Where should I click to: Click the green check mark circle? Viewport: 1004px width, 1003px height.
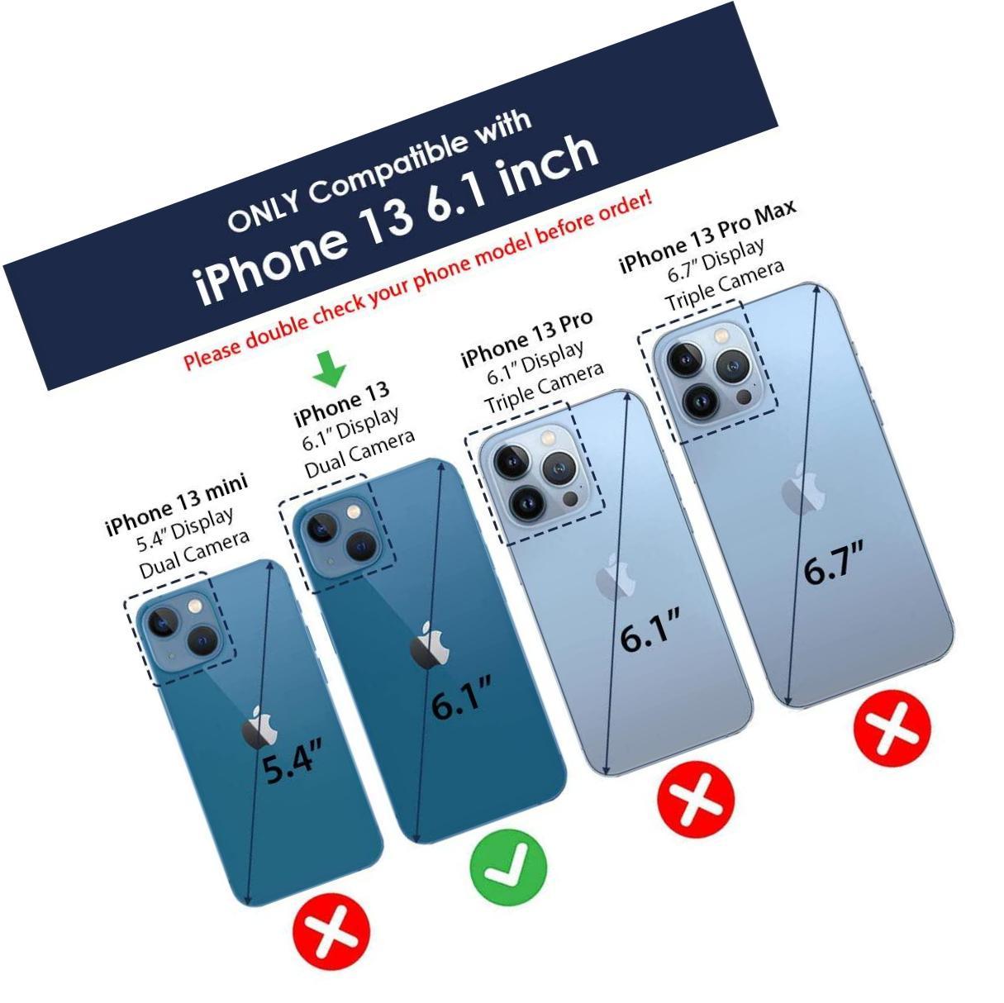[508, 867]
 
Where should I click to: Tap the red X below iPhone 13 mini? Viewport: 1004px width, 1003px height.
[331, 931]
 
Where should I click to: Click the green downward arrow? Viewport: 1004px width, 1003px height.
[329, 368]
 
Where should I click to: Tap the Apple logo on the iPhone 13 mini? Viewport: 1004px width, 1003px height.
[259, 727]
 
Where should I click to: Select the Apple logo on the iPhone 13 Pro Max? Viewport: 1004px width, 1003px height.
[803, 489]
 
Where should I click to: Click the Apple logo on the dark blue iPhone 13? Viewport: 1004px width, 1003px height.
[431, 645]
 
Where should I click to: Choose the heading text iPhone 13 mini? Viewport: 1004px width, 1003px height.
[177, 505]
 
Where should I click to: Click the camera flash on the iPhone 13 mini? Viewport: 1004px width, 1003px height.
[195, 606]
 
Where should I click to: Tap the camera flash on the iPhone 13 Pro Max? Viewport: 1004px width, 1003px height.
[721, 334]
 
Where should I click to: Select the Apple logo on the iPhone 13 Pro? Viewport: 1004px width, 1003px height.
[616, 578]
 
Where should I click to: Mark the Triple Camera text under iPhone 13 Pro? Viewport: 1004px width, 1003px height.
[545, 388]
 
